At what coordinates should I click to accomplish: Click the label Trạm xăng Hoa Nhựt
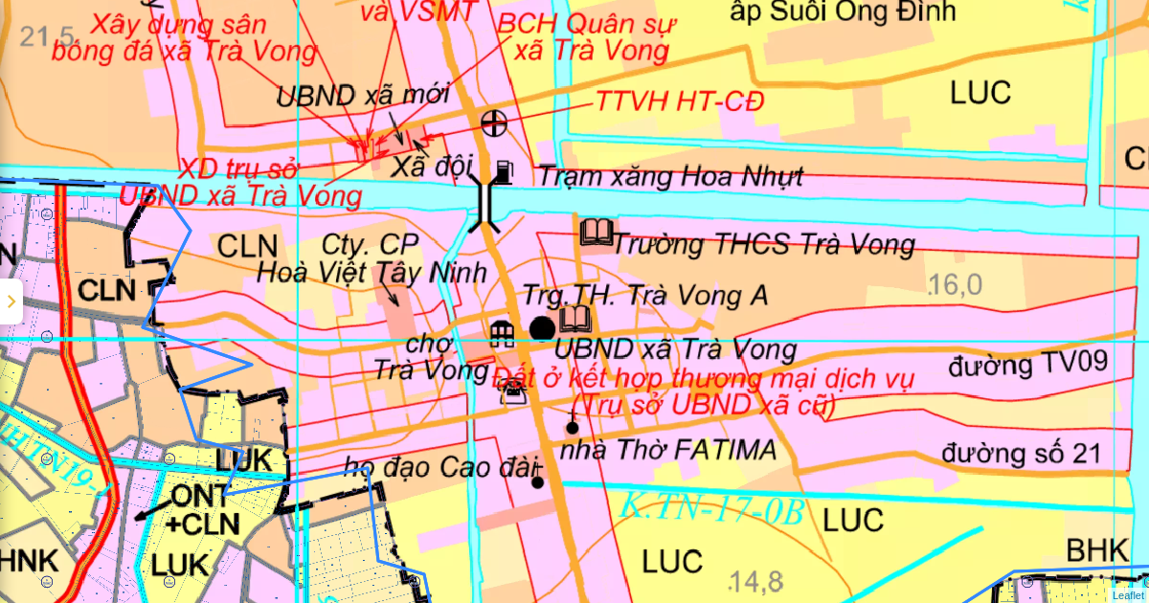(x=670, y=177)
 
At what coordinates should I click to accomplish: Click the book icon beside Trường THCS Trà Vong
(x=597, y=232)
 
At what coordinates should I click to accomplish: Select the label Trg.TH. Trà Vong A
(x=644, y=296)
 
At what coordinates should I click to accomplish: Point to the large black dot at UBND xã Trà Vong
(x=542, y=328)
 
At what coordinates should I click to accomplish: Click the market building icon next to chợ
(x=502, y=333)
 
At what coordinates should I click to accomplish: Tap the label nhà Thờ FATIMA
(x=669, y=450)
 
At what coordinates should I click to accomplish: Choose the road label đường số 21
(x=1022, y=453)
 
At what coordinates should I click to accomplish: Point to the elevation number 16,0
(x=956, y=284)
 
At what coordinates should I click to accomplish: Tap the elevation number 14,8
(x=755, y=581)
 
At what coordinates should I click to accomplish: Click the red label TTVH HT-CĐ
(x=680, y=100)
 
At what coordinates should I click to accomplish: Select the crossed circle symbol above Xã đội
(x=494, y=123)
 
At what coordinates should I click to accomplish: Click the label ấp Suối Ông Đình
(x=843, y=11)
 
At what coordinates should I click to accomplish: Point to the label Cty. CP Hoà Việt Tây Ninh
(x=372, y=258)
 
